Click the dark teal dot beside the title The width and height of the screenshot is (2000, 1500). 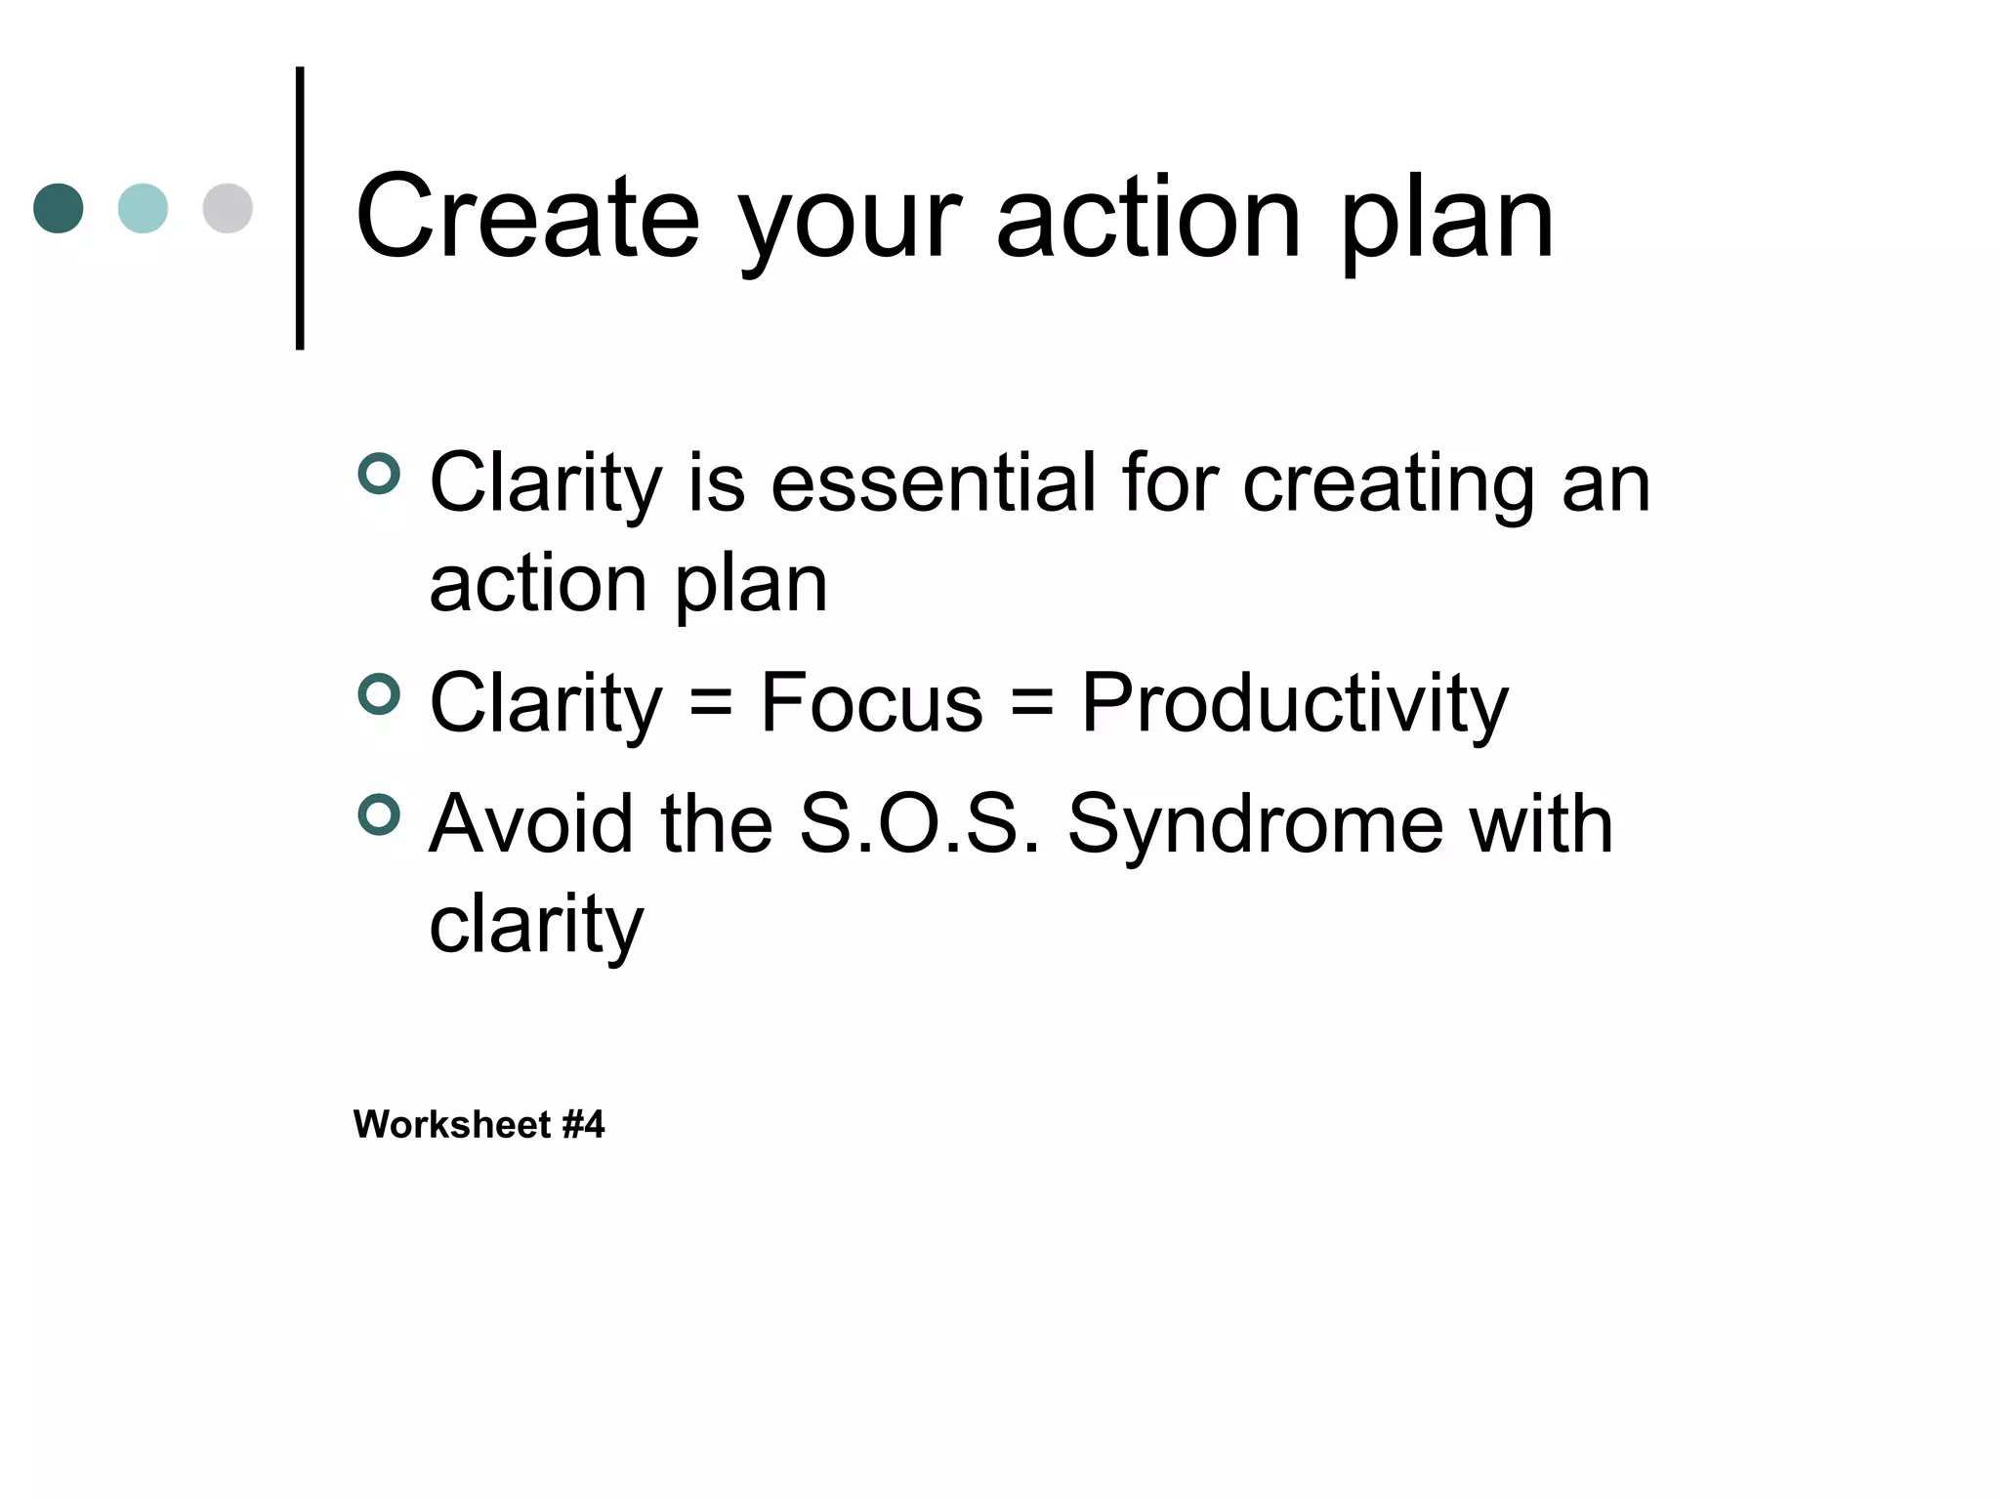point(59,208)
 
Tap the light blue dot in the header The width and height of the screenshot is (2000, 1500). point(143,208)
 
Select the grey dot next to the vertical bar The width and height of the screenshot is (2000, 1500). point(228,208)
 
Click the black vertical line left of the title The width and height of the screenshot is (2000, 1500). point(300,208)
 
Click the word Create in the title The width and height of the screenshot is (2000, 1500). point(527,217)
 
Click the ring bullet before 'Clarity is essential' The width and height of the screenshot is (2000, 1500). point(379,475)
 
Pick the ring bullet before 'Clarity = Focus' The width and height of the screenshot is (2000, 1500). point(379,695)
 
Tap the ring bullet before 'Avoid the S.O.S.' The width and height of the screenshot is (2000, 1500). point(379,815)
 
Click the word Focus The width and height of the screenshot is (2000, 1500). point(871,702)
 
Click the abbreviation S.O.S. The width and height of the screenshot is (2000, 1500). point(919,824)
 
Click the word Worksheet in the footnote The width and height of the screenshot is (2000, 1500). point(452,1125)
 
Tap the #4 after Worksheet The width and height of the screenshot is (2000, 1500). point(584,1125)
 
